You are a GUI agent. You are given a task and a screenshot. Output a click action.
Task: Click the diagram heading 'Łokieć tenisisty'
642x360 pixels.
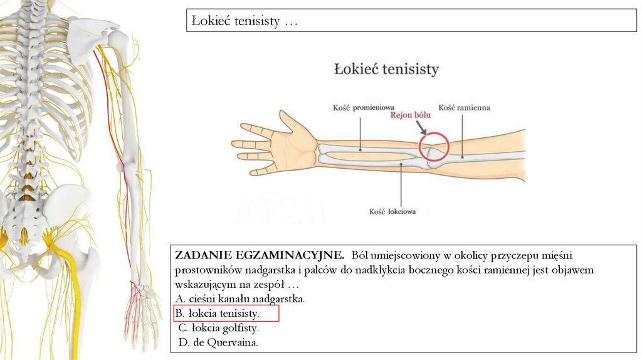(386, 69)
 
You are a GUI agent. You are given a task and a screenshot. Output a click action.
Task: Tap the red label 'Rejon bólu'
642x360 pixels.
(411, 115)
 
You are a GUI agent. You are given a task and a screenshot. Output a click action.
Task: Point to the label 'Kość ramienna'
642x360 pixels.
(464, 107)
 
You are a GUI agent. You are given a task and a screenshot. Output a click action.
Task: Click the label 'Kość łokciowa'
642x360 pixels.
(392, 212)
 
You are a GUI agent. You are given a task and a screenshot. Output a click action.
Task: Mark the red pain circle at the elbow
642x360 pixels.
(434, 149)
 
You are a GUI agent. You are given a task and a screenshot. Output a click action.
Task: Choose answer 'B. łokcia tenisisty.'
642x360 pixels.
(217, 313)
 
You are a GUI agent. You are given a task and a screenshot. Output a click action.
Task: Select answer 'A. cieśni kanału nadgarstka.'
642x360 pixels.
(239, 299)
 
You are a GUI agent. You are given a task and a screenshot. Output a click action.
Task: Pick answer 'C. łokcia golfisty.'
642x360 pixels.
(218, 328)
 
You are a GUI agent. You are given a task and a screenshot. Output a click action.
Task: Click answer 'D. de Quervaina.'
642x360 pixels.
(218, 342)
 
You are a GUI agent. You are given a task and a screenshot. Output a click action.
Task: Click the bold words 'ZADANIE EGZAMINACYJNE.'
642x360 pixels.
(260, 255)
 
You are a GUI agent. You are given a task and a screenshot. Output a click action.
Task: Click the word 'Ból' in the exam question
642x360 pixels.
(362, 255)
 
